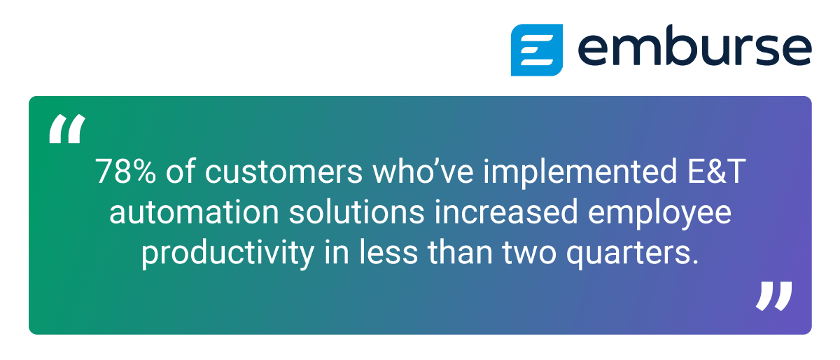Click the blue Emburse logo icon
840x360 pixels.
537,50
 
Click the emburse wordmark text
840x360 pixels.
695,46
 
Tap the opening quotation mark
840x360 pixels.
67,129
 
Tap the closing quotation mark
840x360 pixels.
774,296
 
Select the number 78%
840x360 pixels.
125,171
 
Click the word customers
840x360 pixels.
283,172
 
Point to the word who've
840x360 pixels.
423,171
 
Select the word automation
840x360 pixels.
194,212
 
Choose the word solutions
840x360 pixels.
356,212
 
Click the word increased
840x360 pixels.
506,212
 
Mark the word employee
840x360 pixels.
659,215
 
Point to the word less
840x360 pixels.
389,252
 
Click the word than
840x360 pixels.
460,252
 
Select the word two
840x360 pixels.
529,253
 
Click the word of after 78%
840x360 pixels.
181,171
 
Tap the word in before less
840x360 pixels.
337,251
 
